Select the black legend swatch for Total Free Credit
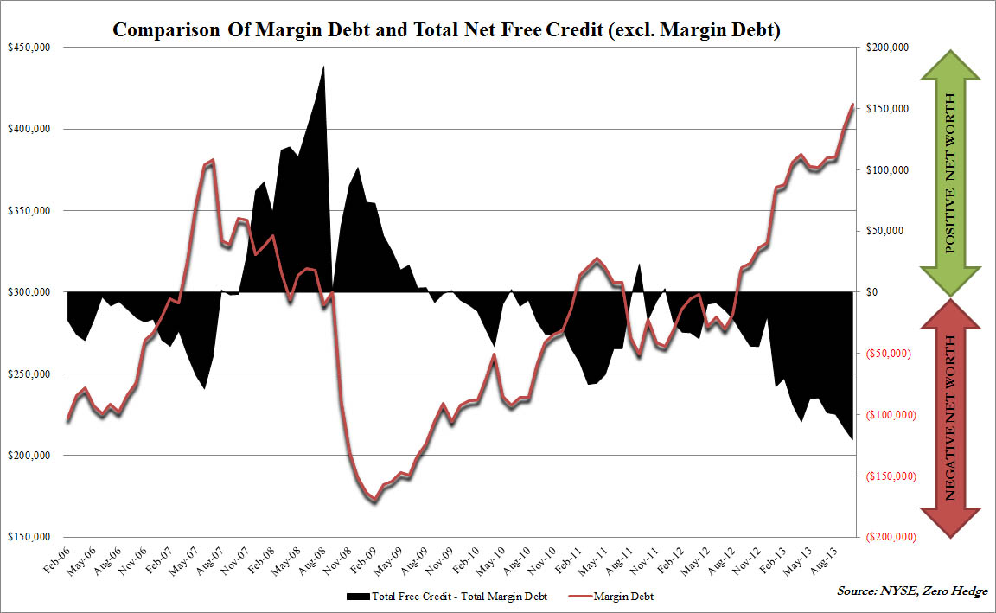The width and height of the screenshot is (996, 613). click(x=357, y=597)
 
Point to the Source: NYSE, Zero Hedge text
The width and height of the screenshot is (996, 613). click(x=911, y=591)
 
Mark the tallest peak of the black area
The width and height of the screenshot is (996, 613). click(x=323, y=66)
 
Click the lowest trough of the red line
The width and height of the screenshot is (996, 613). click(x=373, y=502)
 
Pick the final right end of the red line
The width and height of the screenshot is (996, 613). click(x=853, y=105)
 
